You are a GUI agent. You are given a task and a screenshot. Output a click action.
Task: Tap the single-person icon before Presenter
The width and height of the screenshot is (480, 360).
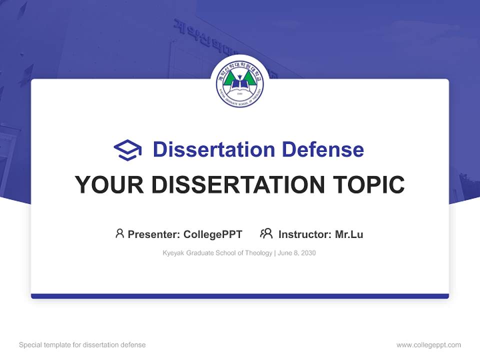119,233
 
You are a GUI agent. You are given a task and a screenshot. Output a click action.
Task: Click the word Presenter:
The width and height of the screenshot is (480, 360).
153,234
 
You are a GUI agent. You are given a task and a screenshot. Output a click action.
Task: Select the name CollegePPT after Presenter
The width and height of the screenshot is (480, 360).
213,234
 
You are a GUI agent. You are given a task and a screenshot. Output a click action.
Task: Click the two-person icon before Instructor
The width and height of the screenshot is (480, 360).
266,233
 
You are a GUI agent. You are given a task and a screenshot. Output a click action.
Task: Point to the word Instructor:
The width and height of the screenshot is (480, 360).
304,234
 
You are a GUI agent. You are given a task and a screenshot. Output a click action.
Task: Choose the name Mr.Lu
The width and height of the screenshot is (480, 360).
349,234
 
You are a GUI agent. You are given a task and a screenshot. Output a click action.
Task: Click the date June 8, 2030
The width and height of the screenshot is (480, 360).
297,253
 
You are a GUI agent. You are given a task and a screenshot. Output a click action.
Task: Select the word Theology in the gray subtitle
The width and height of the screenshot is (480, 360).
258,253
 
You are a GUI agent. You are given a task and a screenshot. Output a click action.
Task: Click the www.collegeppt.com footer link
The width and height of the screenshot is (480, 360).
428,345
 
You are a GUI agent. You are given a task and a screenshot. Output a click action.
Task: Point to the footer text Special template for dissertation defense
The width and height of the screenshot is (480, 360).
82,345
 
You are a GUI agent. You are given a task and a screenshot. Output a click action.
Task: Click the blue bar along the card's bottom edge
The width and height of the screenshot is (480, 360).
240,296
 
